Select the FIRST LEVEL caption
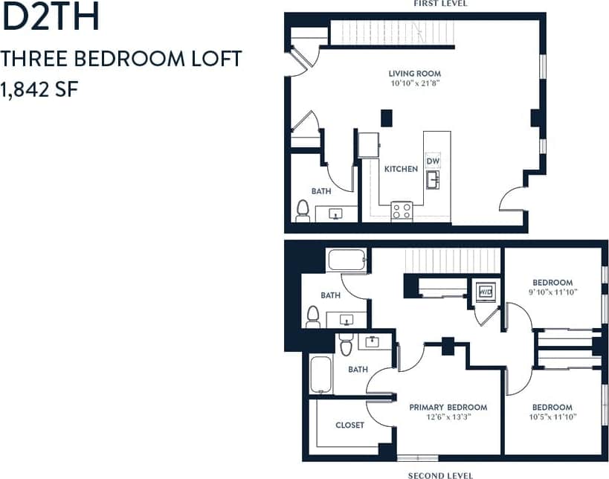point(441,4)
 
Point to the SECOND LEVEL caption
point(440,475)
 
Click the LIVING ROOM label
point(415,74)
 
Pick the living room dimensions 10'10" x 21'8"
point(415,84)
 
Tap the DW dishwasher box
point(433,161)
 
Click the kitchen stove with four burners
point(402,210)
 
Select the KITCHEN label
point(401,169)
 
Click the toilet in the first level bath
point(303,210)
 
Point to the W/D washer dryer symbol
point(486,292)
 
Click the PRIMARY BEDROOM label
point(448,407)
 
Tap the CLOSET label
point(349,425)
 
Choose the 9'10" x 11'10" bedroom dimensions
point(552,292)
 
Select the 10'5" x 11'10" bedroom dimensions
point(552,417)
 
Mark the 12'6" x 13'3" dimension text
point(448,417)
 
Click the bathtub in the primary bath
point(321,375)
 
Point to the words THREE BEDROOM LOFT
point(121,60)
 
